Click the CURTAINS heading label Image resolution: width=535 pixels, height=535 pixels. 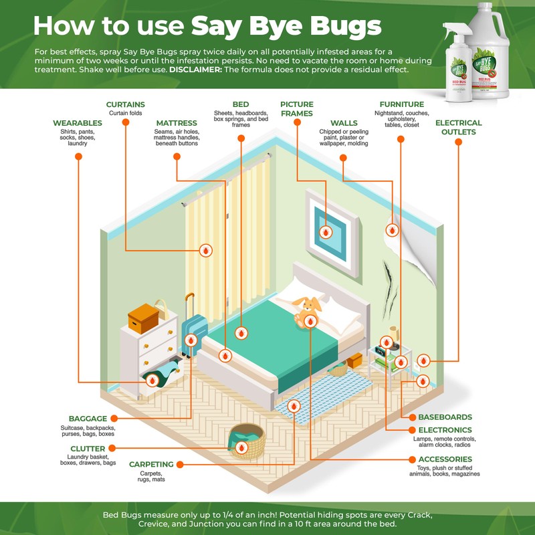[x=126, y=105]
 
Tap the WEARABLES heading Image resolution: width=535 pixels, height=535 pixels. [x=78, y=123]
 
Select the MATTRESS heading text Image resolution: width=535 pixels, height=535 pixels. [x=177, y=123]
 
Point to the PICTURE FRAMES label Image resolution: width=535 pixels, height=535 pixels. [x=297, y=109]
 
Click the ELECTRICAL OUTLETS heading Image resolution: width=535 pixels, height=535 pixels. [x=458, y=127]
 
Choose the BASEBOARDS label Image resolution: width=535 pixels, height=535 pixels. [x=445, y=417]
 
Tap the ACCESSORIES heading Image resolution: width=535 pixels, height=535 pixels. [x=445, y=459]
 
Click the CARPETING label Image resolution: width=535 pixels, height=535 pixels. [x=152, y=464]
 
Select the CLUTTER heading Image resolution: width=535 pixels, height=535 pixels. [x=88, y=449]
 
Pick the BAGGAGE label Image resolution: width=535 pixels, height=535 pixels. [x=88, y=419]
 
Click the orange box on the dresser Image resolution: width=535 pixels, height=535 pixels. [x=142, y=318]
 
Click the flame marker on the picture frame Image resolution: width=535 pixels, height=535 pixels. [x=326, y=232]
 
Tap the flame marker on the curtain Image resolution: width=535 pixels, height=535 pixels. [x=206, y=251]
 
